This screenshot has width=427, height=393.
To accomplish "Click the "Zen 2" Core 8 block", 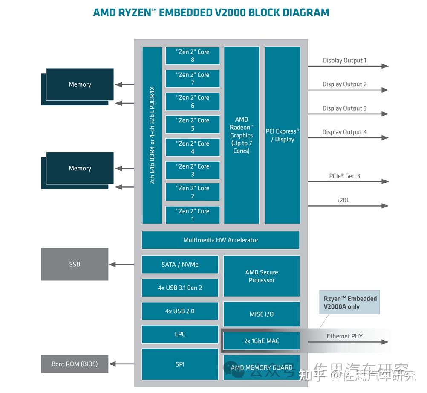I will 193,56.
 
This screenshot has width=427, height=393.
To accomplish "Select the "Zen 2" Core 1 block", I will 193,215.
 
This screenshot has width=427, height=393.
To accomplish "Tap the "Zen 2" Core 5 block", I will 193,124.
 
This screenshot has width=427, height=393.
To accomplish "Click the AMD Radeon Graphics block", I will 242,135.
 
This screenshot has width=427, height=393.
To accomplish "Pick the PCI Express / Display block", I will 283,135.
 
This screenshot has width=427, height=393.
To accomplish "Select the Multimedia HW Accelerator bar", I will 220,240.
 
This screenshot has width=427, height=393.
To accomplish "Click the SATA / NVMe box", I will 180,265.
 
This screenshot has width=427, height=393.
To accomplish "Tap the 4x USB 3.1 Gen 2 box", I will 180,288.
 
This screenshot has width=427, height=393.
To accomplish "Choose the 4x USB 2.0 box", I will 180,311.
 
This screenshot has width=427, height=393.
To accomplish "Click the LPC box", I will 180,334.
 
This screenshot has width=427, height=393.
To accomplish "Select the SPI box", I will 180,364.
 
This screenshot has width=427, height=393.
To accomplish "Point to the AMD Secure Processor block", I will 262,276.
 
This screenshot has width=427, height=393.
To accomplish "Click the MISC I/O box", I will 262,314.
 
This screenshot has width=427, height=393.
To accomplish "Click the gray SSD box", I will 75,265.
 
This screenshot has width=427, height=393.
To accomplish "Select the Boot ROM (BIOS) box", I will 75,364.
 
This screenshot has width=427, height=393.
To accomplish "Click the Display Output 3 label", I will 344,108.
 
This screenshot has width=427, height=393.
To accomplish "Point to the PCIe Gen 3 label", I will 344,176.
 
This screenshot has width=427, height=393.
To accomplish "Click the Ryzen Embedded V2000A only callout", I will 350,303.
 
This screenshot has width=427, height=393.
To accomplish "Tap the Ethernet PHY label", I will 344,336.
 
